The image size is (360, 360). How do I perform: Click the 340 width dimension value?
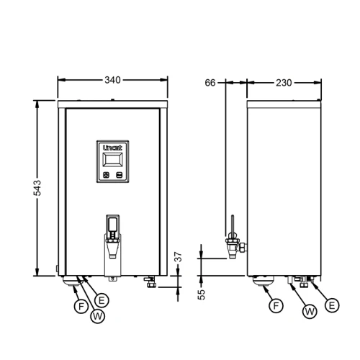tap(112, 80)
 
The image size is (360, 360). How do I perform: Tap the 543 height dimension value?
tap(37, 188)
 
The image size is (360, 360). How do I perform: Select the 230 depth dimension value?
tap(284, 83)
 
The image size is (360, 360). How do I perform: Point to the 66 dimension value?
tap(210, 83)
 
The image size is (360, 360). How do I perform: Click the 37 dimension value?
tap(178, 256)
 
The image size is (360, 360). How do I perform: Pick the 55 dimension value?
tap(202, 294)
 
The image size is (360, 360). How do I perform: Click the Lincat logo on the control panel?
tap(112, 148)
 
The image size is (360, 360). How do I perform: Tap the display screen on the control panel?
tap(112, 160)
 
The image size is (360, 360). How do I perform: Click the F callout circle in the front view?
tap(81, 307)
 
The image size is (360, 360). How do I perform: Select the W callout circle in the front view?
tap(97, 316)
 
